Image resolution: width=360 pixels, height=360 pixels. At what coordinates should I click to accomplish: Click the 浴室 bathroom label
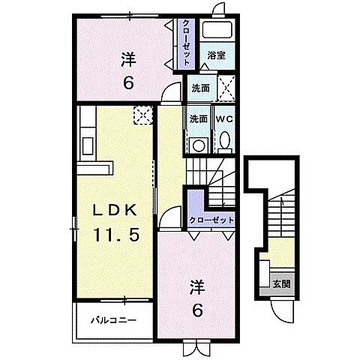217,55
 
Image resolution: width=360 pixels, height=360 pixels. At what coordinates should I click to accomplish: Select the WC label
224,118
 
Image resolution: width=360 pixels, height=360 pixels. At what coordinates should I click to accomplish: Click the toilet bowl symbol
224,142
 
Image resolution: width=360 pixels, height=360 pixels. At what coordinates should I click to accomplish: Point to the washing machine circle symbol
199,144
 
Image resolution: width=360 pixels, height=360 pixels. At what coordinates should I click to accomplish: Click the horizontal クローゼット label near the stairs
211,220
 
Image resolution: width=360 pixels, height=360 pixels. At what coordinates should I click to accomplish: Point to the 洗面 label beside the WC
199,118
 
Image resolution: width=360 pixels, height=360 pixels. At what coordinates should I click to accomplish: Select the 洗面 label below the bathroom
200,87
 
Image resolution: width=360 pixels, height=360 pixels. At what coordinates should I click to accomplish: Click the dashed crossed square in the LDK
142,113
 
